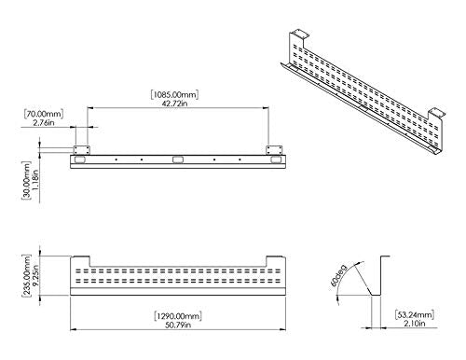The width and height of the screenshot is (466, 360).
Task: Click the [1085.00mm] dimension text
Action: [178, 94]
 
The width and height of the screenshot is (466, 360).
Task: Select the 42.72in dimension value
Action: [178, 104]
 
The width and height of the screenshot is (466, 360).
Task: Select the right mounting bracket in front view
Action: [274, 150]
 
